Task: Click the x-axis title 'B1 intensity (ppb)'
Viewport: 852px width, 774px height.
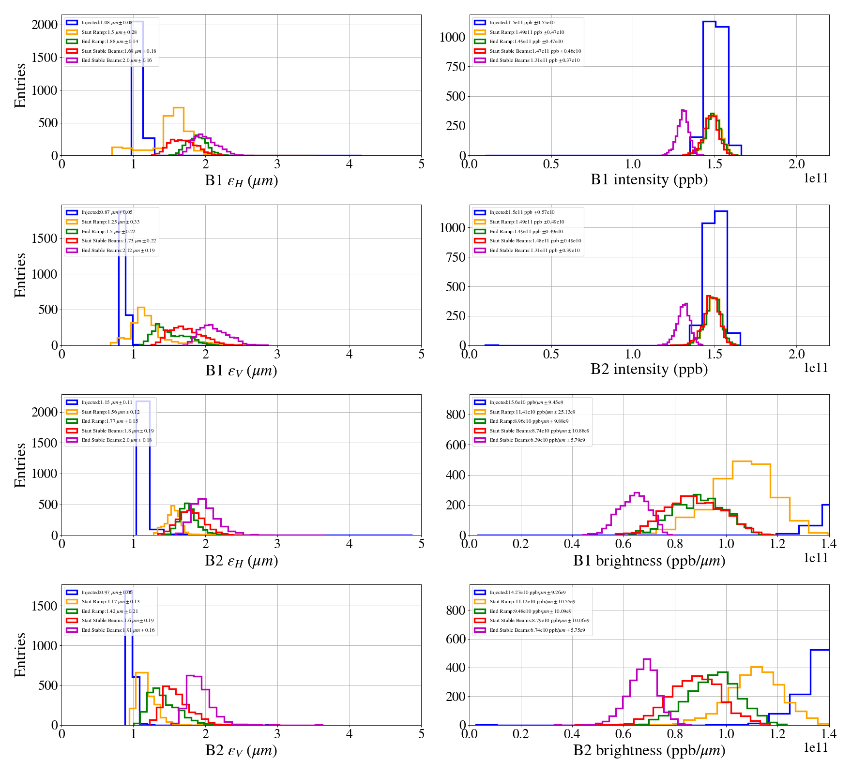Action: pyautogui.click(x=649, y=179)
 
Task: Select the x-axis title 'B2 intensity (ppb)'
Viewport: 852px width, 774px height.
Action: pyautogui.click(x=649, y=369)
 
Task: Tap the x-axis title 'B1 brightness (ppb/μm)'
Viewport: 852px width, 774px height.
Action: pyautogui.click(x=649, y=560)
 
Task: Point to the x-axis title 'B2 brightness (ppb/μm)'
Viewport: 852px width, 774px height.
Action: pyautogui.click(x=649, y=750)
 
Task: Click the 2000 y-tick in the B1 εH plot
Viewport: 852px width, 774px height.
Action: pyautogui.click(x=45, y=25)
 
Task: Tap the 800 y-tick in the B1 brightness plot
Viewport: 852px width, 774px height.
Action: pyautogui.click(x=455, y=415)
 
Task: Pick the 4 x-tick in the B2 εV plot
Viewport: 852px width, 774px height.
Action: pyautogui.click(x=349, y=734)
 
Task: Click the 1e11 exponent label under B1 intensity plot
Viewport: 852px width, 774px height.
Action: pyautogui.click(x=816, y=178)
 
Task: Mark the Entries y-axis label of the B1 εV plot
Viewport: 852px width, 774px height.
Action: pyautogui.click(x=20, y=275)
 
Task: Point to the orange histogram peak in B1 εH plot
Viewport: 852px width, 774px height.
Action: pyautogui.click(x=178, y=108)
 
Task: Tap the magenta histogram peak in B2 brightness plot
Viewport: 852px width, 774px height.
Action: pyautogui.click(x=646, y=659)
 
